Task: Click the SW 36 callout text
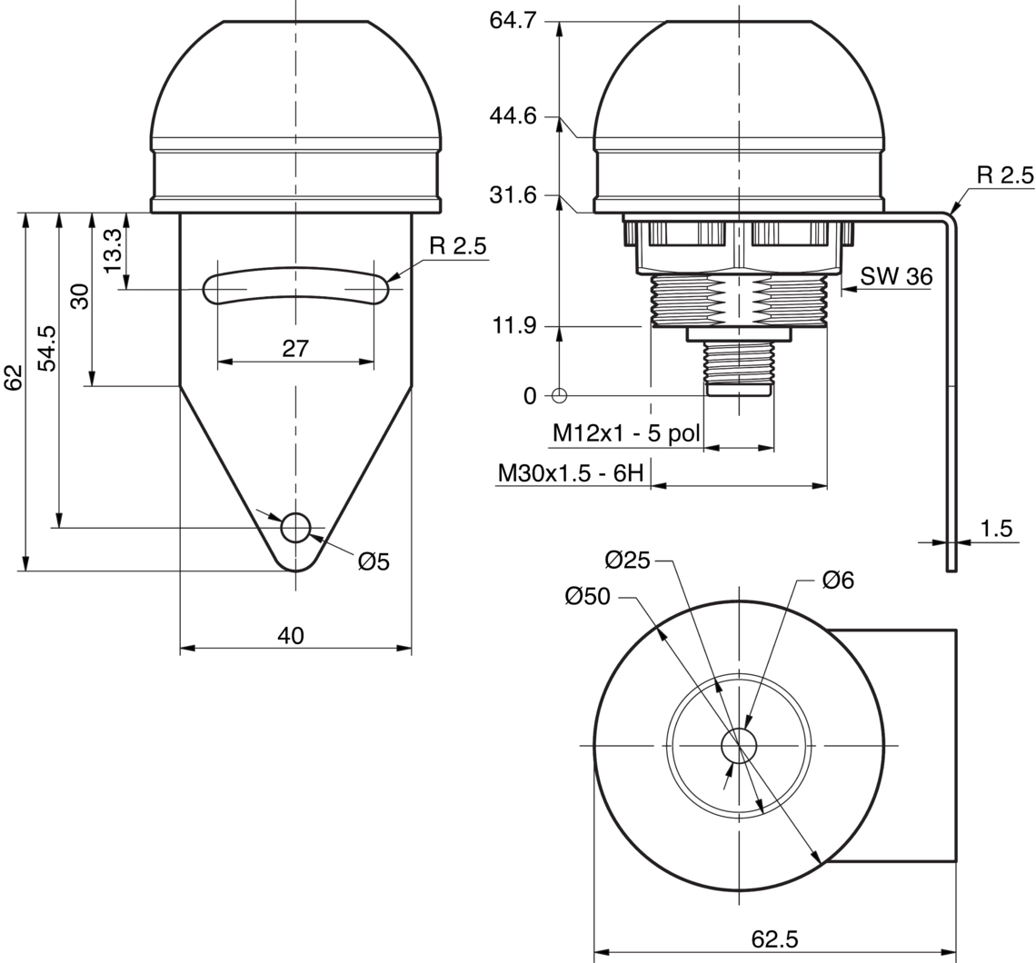(x=897, y=276)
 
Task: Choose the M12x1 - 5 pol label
(x=626, y=434)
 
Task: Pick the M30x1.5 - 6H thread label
(x=571, y=473)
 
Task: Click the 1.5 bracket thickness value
(x=996, y=529)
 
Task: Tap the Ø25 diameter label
(x=627, y=561)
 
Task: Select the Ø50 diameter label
(x=587, y=597)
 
